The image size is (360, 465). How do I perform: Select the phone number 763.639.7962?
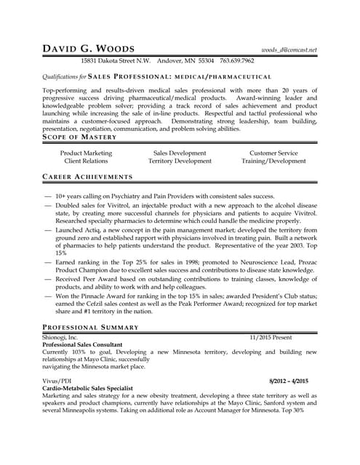(237, 61)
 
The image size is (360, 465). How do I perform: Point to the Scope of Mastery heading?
(74, 137)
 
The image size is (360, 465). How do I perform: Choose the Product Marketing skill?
(86, 153)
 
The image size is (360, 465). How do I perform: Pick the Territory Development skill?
(180, 161)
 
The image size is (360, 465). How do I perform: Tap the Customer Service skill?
(273, 153)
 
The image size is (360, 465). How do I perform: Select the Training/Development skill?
(273, 161)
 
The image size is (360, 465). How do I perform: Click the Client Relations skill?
(86, 161)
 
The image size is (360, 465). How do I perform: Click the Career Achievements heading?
(87, 177)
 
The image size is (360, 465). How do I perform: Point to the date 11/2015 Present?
(271, 337)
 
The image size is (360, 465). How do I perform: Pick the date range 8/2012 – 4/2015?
(288, 381)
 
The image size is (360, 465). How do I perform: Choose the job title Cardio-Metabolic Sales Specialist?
(88, 389)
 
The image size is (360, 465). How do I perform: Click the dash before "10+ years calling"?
(48, 197)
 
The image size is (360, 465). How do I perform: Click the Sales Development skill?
(180, 153)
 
